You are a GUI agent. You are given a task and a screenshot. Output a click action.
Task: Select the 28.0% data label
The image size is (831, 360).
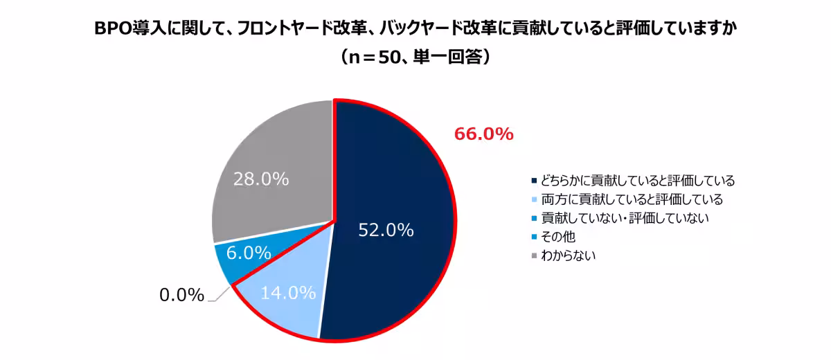coord(260,179)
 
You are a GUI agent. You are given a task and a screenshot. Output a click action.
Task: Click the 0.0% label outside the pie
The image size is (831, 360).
coord(181,296)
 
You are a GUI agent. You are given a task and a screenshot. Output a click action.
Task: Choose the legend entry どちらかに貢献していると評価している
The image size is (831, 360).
coord(637,181)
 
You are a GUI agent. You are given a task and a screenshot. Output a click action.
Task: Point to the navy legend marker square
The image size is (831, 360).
coord(533,181)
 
